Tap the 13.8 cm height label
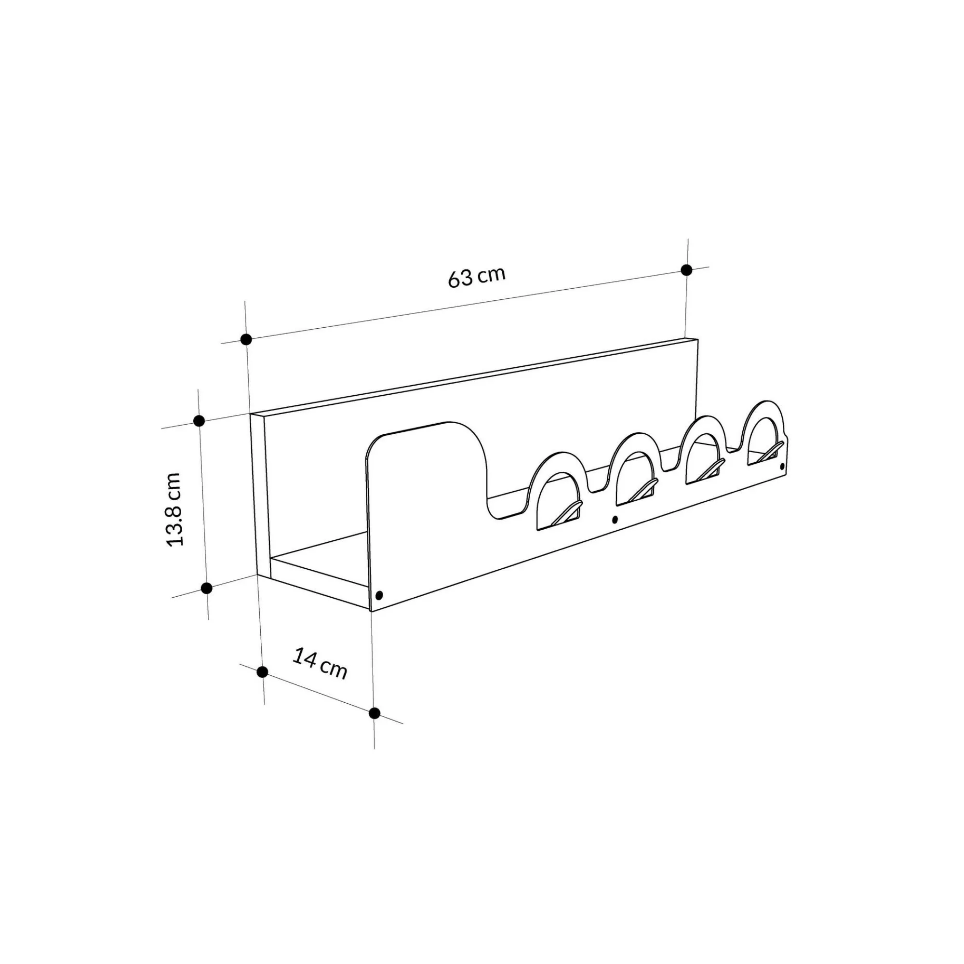click(174, 509)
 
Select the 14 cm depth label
click(320, 663)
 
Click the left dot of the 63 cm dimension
click(245, 339)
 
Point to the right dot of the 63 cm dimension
click(686, 270)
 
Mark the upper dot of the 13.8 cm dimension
click(199, 421)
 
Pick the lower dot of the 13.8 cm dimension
click(206, 588)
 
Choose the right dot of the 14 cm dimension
click(374, 713)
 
